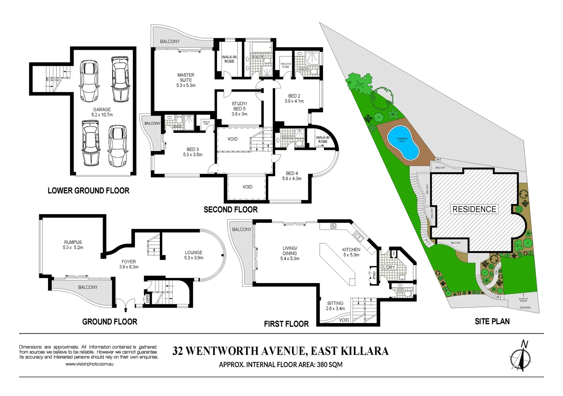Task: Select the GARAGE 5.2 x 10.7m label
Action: point(102,112)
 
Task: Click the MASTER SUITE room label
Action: point(186,80)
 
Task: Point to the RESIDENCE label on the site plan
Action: point(474,209)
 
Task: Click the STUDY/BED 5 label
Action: point(239,109)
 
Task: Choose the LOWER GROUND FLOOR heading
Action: point(88,191)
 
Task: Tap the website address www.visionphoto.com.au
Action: point(89,364)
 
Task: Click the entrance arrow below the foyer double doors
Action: point(126,310)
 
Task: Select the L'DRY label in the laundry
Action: point(389,267)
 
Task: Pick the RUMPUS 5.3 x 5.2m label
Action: point(73,245)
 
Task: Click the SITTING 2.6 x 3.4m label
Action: point(335,306)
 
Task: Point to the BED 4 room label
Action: point(292,176)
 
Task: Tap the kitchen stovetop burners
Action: point(333,226)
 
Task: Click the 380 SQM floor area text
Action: point(330,365)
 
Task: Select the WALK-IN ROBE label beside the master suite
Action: point(229,59)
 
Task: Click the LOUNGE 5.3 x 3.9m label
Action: point(194,255)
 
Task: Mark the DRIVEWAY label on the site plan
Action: point(525,308)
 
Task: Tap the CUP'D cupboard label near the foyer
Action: point(148,299)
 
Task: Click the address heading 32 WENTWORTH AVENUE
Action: point(280,351)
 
